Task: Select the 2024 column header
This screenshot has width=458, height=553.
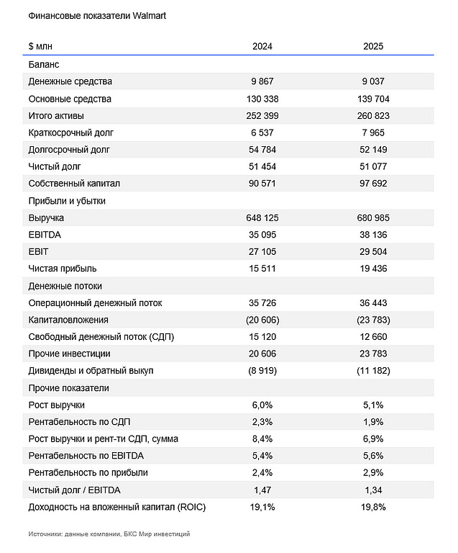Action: (x=262, y=46)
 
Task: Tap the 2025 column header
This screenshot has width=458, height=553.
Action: (x=373, y=46)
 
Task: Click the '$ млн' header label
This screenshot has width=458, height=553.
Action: (x=40, y=46)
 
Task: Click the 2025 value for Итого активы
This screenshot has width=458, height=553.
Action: (x=373, y=116)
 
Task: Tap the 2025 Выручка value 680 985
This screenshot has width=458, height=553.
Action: (x=373, y=217)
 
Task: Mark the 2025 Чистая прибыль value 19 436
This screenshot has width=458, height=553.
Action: (x=373, y=269)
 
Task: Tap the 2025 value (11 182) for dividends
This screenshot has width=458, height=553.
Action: (x=373, y=371)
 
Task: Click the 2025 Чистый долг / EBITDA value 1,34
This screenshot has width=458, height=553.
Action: (x=373, y=490)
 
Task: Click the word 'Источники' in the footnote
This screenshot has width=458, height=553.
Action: (x=45, y=534)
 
